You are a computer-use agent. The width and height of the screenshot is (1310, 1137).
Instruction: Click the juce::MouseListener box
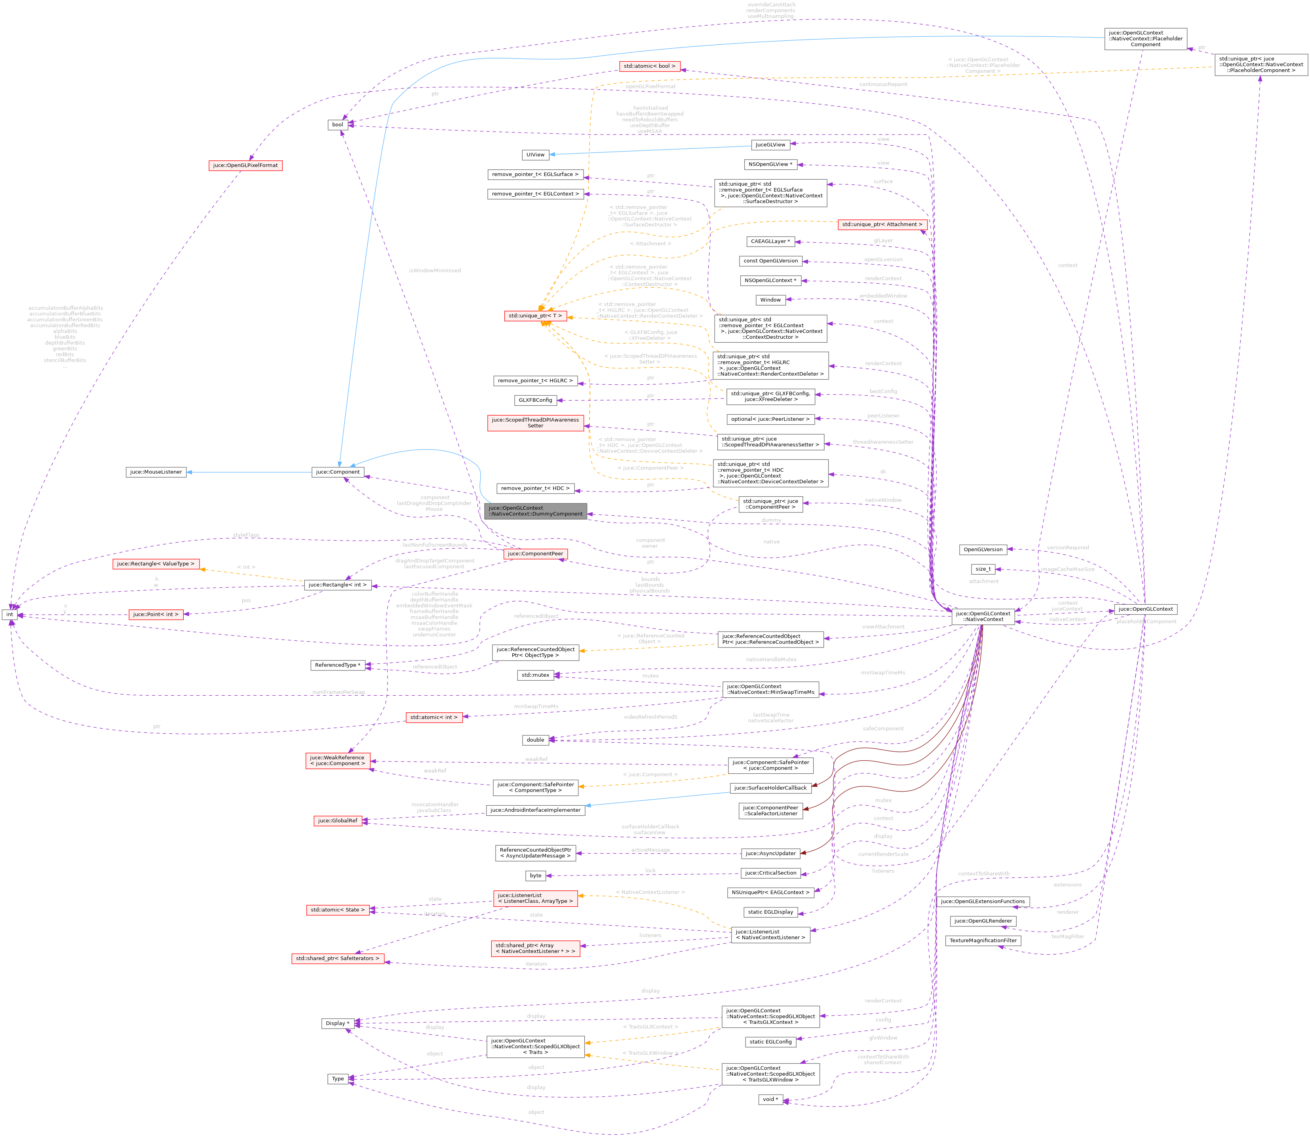click(x=156, y=472)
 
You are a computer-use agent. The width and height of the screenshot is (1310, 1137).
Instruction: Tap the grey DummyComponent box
click(x=535, y=511)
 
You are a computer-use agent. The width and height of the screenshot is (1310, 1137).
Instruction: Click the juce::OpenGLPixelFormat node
click(x=245, y=165)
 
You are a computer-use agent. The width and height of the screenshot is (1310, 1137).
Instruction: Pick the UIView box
click(x=535, y=155)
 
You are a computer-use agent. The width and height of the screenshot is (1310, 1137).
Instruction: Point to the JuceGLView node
click(x=770, y=145)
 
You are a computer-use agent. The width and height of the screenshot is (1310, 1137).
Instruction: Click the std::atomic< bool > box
click(x=649, y=66)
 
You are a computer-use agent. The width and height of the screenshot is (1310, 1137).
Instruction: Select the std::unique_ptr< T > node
click(x=535, y=316)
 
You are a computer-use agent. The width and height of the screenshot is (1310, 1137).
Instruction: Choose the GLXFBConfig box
click(x=535, y=401)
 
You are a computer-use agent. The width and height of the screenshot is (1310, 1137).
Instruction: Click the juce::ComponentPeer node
click(x=535, y=554)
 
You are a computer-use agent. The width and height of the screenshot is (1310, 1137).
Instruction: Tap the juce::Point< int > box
click(x=156, y=614)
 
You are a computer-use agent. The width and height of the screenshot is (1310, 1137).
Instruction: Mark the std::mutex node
click(x=535, y=675)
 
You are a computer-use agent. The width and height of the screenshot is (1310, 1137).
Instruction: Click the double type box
click(x=535, y=740)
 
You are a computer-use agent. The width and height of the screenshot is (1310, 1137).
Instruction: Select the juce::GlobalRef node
click(x=338, y=821)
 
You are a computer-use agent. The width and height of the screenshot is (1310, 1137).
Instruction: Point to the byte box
click(x=535, y=875)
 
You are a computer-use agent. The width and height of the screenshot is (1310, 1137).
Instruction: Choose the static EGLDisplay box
click(x=770, y=912)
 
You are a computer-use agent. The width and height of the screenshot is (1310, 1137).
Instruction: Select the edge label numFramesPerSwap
click(x=338, y=692)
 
